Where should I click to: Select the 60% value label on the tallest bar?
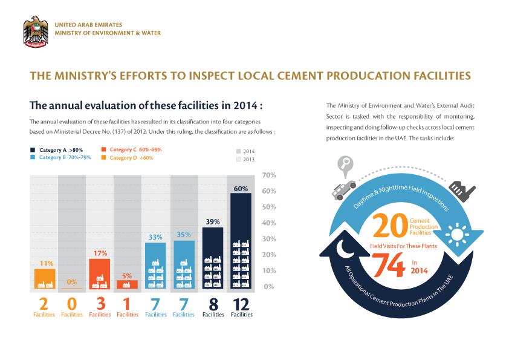(x=240, y=189)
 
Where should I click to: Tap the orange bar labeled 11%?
(x=45, y=279)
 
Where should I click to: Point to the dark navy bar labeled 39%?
(x=213, y=258)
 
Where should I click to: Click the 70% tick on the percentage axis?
(x=269, y=175)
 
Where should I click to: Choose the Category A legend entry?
(x=58, y=149)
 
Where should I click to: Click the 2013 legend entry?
(x=245, y=159)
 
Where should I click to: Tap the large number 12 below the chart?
(x=242, y=304)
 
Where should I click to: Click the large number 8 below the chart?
(x=213, y=304)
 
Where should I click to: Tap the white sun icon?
(x=456, y=235)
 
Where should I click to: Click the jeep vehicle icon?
(x=343, y=189)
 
